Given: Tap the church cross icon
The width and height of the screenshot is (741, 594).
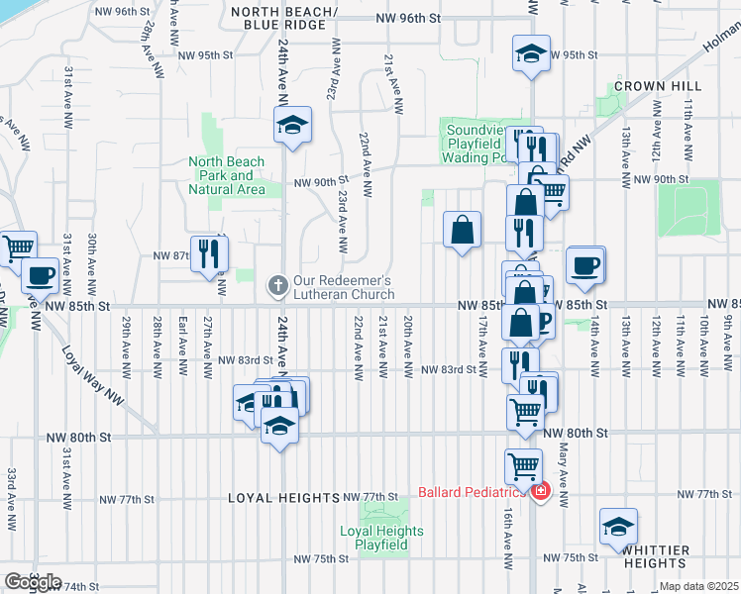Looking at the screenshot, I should click(x=279, y=287).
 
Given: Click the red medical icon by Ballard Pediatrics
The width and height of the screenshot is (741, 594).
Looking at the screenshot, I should click(x=540, y=491).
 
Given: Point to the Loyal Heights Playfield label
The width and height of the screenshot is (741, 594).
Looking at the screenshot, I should click(x=381, y=538).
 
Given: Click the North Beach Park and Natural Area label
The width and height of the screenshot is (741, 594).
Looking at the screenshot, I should click(x=227, y=175).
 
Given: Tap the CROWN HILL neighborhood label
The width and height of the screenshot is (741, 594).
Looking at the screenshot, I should click(x=650, y=87).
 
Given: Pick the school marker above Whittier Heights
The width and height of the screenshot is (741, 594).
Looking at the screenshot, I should click(x=618, y=526).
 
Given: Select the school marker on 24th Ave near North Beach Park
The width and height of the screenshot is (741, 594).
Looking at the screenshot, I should click(x=291, y=126).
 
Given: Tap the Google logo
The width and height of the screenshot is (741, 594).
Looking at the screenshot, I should click(x=32, y=582).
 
